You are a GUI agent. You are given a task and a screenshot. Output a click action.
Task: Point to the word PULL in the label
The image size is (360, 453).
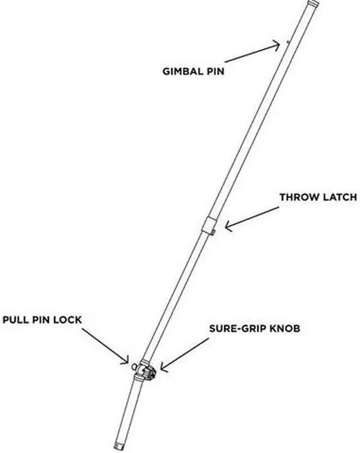tap(17, 320)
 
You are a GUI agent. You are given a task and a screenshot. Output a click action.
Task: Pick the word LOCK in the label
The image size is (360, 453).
tap(70, 320)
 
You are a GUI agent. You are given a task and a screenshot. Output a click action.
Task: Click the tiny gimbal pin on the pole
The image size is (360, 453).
tap(287, 41)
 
